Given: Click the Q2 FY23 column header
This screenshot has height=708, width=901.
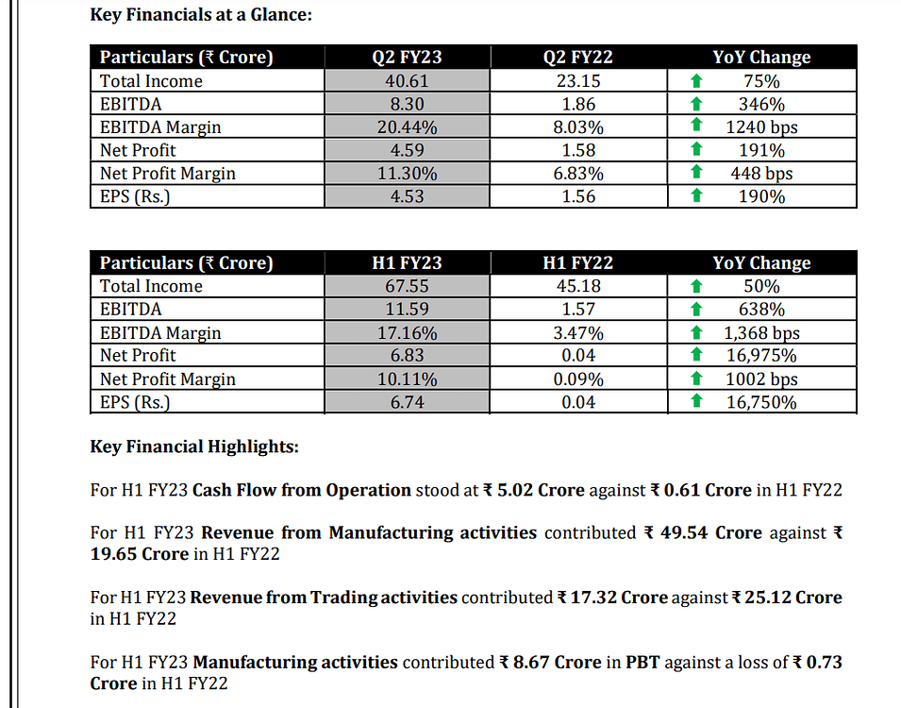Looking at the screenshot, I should (x=407, y=58).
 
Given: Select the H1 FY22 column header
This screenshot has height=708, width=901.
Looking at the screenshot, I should (x=577, y=263).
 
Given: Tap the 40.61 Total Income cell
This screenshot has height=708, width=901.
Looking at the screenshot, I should (x=407, y=81).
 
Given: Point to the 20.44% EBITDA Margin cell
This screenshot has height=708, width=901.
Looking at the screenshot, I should (x=407, y=127).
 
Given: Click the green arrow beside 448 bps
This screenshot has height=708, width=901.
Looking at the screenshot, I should (x=696, y=173).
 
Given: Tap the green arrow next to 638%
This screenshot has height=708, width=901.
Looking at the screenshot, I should (x=696, y=310).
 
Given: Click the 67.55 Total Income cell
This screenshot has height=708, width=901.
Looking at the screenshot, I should (x=407, y=286).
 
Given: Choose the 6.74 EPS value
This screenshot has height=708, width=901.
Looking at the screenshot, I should (x=407, y=402).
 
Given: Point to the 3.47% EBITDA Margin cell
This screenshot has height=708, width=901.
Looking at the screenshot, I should (x=577, y=332).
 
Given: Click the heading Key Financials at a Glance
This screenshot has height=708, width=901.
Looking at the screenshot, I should (x=200, y=15).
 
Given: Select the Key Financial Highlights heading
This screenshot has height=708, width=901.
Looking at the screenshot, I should (x=193, y=446).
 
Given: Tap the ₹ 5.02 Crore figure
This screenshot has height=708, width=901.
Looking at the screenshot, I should (x=534, y=490).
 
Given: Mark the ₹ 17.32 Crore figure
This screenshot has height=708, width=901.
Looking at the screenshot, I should (x=612, y=598).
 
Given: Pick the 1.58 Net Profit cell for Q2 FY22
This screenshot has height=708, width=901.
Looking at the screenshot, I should (x=577, y=150).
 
